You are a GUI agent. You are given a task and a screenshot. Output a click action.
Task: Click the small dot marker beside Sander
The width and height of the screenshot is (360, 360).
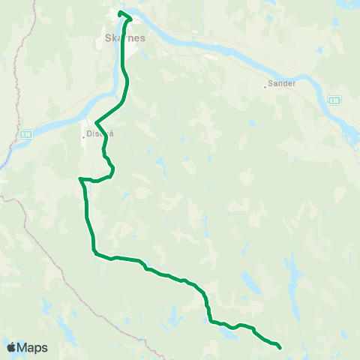pos(265,86)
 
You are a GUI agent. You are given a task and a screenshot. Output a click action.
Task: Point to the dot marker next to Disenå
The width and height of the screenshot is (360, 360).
pos(85,136)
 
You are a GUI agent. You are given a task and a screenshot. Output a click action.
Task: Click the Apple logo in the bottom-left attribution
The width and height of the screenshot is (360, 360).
pos(11,347)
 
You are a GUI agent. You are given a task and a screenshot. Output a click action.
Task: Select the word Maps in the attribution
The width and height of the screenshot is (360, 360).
pos(32,347)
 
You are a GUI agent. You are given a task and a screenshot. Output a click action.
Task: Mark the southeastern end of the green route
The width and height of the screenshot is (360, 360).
pos(279,347)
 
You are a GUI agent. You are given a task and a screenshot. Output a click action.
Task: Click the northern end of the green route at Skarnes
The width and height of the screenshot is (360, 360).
pos(120,13)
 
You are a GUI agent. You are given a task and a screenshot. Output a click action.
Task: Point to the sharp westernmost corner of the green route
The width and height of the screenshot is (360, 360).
pos(79,178)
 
